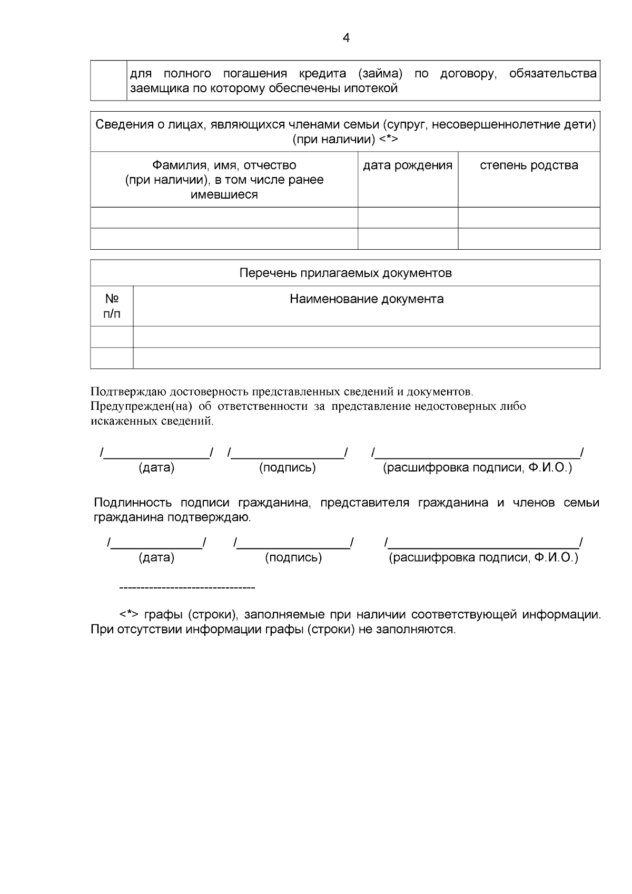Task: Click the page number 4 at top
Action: (346, 38)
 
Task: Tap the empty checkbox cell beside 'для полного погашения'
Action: (108, 81)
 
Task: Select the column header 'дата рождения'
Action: (408, 165)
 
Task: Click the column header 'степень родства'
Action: (529, 165)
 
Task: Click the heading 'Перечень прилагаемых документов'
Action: (345, 273)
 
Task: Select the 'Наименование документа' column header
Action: (367, 299)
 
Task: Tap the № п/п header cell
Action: (112, 306)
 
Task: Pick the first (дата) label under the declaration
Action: (156, 468)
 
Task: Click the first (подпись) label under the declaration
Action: (288, 468)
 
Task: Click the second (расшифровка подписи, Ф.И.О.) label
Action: (483, 558)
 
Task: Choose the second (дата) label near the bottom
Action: (156, 558)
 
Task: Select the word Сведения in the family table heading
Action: (120, 125)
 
